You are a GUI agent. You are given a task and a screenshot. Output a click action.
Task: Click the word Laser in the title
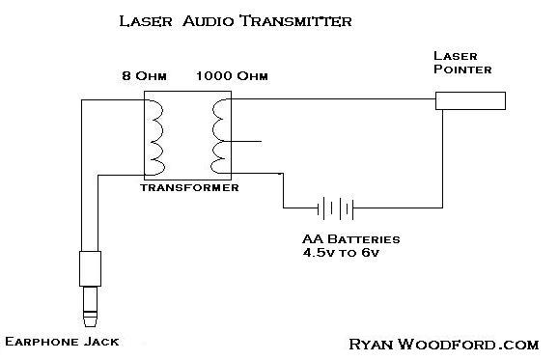pyautogui.click(x=142, y=19)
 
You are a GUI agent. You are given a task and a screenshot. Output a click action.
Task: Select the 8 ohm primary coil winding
pyautogui.click(x=156, y=135)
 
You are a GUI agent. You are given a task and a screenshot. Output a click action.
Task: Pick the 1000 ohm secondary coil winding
pyautogui.click(x=221, y=135)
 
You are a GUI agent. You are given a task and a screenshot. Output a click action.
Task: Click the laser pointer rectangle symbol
pyautogui.click(x=470, y=100)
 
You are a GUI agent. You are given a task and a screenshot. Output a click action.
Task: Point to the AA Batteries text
pyautogui.click(x=349, y=238)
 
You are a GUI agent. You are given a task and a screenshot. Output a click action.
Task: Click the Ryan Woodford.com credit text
pyautogui.click(x=444, y=343)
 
